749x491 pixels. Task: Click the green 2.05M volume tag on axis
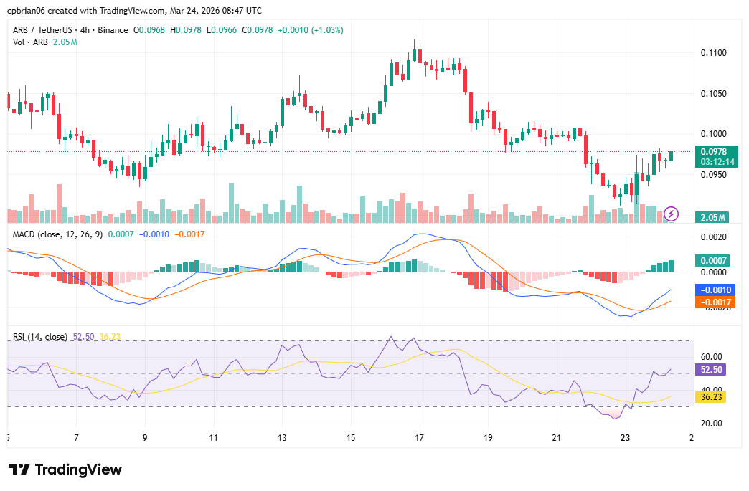(x=712, y=217)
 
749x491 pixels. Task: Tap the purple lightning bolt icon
(x=672, y=214)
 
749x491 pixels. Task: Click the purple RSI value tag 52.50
(x=712, y=370)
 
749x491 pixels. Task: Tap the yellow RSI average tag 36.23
(x=712, y=396)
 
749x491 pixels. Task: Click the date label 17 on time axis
(x=419, y=437)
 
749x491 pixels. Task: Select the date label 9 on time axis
(x=145, y=437)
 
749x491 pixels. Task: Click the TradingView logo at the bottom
(x=65, y=469)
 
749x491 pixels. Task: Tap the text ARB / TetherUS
(x=43, y=30)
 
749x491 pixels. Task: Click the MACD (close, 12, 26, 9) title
(x=57, y=234)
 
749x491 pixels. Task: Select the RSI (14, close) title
(x=41, y=337)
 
